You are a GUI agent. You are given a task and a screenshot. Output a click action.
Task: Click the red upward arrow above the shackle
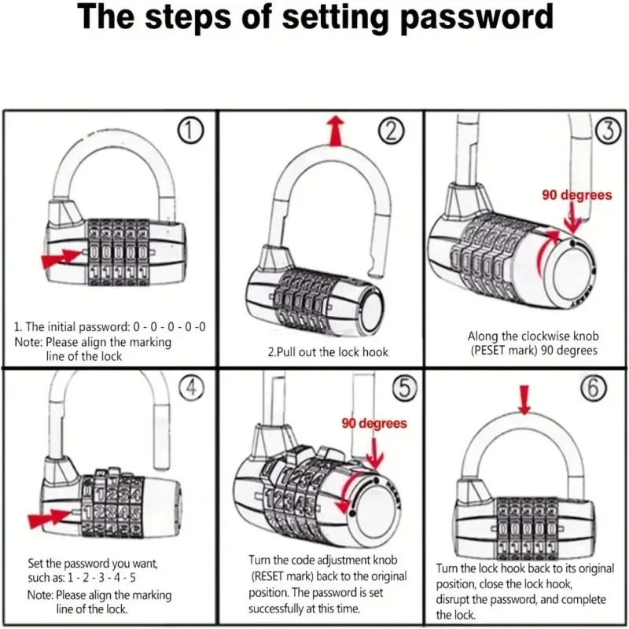337,130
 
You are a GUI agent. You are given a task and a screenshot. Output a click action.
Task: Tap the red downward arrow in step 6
525,398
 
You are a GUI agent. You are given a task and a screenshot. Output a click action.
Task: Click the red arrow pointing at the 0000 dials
61,258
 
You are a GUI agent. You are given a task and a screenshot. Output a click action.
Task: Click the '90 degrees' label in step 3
576,195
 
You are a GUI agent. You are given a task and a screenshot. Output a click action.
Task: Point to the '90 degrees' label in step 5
374,423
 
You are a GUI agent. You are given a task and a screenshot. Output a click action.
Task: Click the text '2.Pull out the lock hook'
328,351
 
